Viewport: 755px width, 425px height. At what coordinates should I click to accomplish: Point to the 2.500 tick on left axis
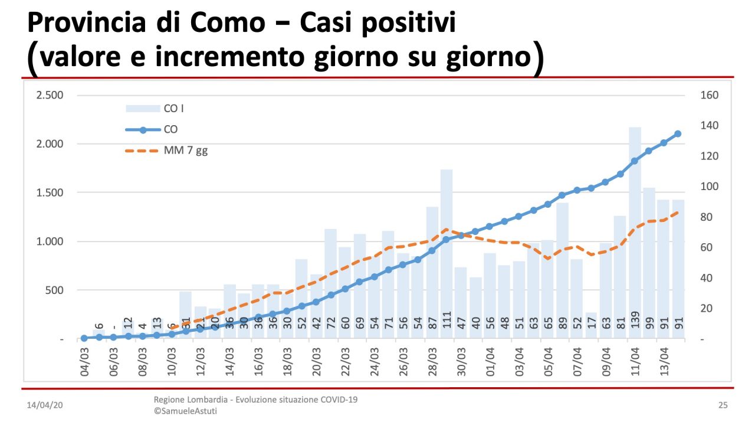tap(50, 95)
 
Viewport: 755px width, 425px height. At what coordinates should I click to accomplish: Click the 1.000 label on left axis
tap(50, 241)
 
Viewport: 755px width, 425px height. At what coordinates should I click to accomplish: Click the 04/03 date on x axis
tap(85, 361)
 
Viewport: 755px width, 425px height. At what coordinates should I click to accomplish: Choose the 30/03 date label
tap(461, 361)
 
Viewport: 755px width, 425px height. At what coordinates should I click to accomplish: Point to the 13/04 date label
tap(664, 361)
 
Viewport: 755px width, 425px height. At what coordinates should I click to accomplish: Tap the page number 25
tap(723, 406)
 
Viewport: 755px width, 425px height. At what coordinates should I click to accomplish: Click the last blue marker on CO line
tap(678, 134)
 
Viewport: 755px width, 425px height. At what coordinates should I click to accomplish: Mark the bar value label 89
tap(563, 323)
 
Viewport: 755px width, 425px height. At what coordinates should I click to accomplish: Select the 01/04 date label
tap(490, 361)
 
